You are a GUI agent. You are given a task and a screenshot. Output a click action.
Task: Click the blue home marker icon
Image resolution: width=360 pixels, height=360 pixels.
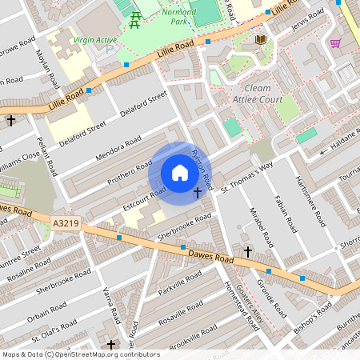[x=179, y=173]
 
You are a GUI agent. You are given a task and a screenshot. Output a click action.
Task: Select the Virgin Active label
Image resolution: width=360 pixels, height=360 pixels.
[x=94, y=38]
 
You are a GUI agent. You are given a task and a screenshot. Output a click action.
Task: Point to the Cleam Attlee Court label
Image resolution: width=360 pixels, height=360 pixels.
[x=254, y=94]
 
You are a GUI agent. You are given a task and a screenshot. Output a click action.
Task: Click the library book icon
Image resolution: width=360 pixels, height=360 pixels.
[x=261, y=39]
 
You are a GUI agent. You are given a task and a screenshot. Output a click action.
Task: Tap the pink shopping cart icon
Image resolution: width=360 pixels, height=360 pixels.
[x=334, y=42]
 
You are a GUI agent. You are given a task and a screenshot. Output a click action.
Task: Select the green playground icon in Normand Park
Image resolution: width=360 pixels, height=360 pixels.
[x=135, y=18]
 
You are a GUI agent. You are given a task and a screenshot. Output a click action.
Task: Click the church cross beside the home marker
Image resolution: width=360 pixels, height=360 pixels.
[x=198, y=193]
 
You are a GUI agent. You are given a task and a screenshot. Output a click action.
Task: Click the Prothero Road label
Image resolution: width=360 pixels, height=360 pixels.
[x=132, y=169]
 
